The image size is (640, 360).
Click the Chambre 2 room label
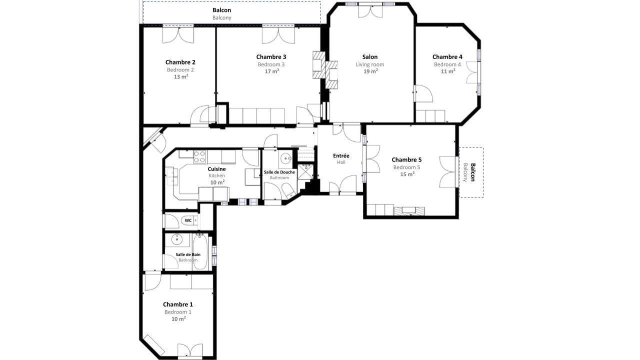pyautogui.click(x=180, y=62)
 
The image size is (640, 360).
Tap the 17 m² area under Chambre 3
pyautogui.click(x=271, y=71)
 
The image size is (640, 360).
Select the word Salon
pyautogui.click(x=370, y=57)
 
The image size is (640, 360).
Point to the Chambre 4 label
pyautogui.click(x=447, y=57)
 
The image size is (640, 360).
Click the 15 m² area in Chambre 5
pyautogui.click(x=407, y=174)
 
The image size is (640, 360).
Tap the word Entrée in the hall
pyautogui.click(x=341, y=156)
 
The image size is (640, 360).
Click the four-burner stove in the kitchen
pyautogui.click(x=200, y=157)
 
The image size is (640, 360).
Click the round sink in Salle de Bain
pyautogui.click(x=176, y=240)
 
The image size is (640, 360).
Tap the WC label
pyautogui.click(x=188, y=220)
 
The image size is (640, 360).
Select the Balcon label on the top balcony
pyautogui.click(x=221, y=10)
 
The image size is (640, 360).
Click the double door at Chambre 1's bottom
pyautogui.click(x=190, y=350)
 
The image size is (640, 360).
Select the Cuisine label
pyautogui.click(x=216, y=169)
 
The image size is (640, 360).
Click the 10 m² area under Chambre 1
pyautogui.click(x=178, y=318)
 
